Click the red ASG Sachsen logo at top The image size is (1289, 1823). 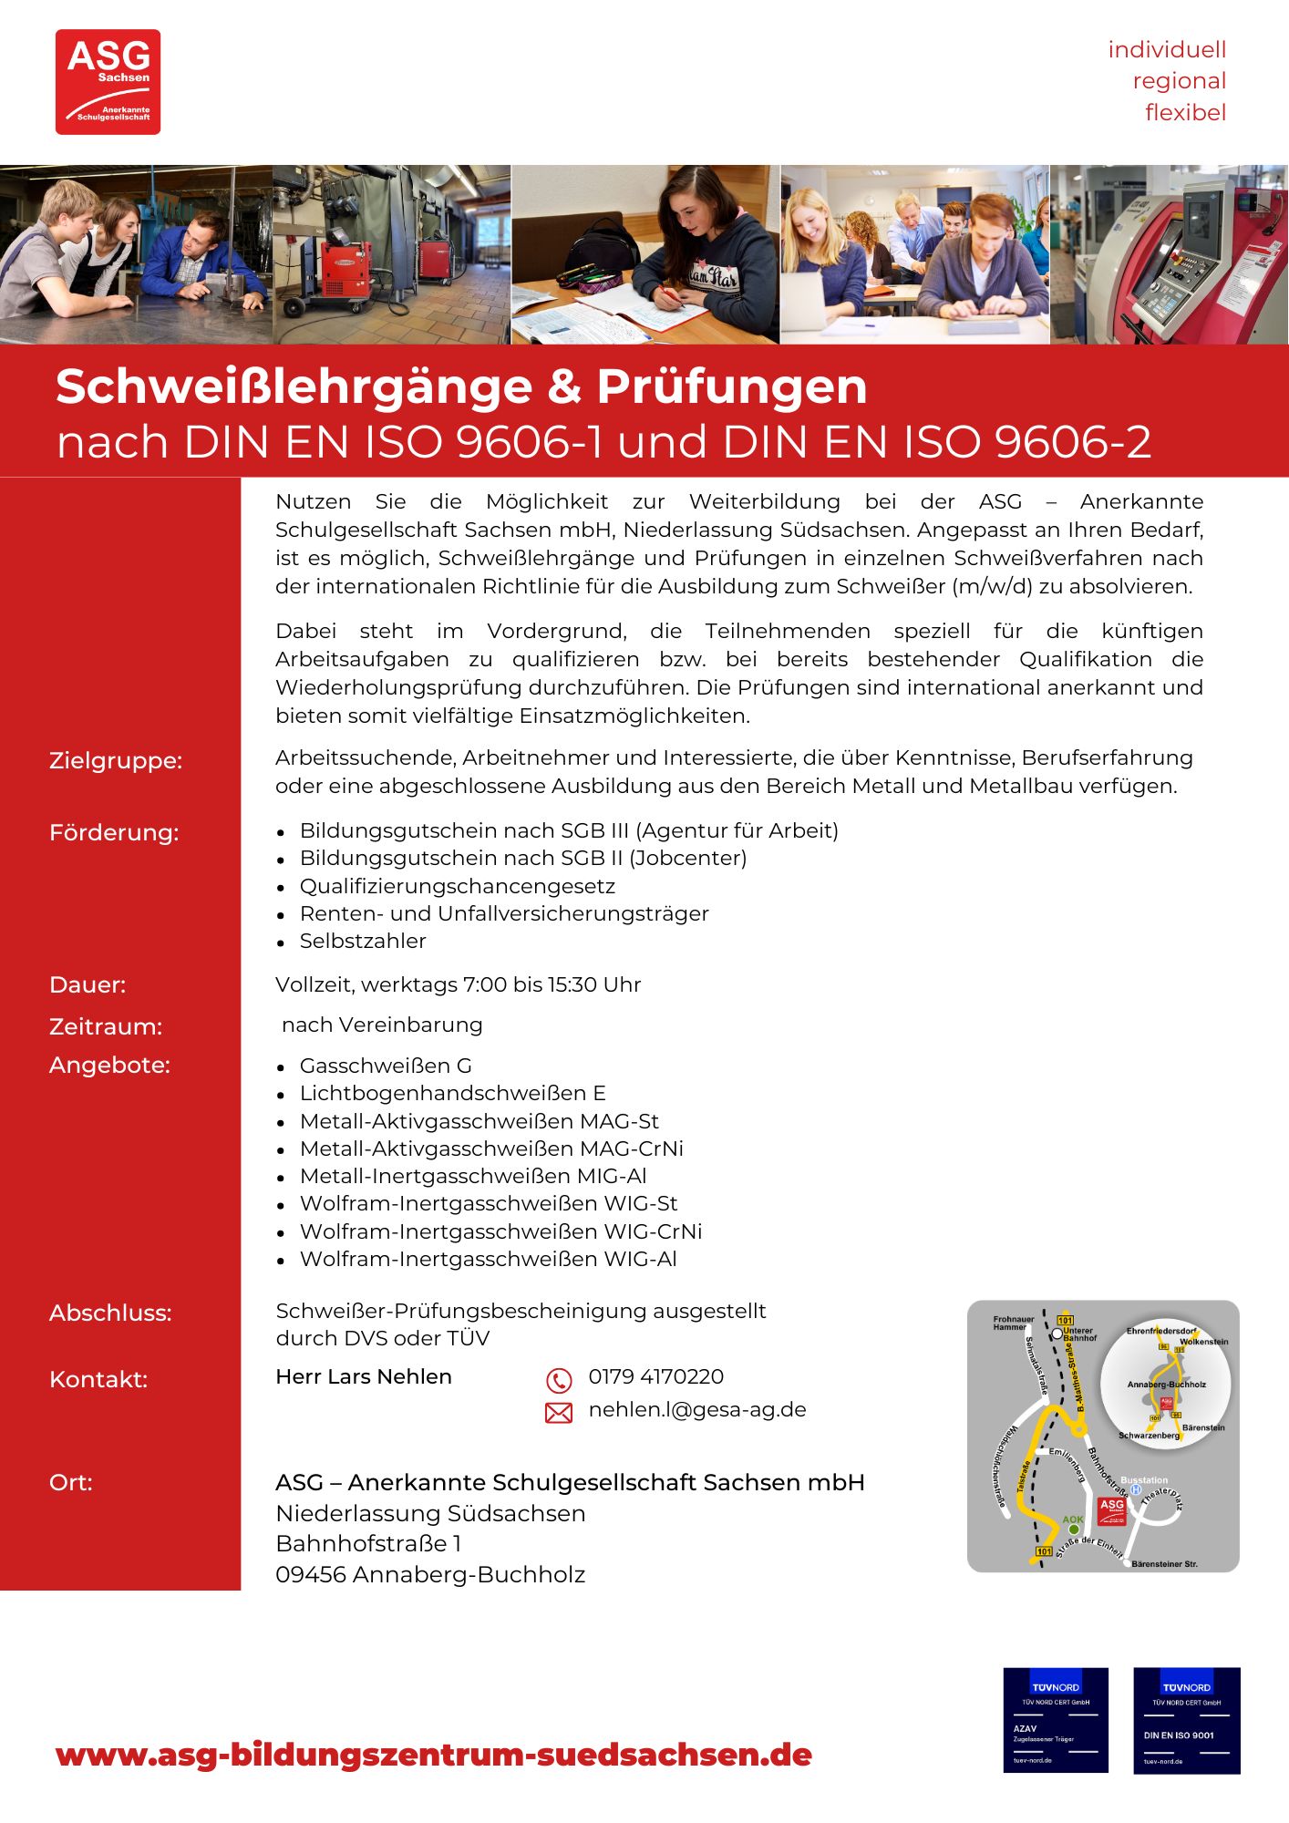tap(108, 82)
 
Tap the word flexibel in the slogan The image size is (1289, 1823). tap(1185, 113)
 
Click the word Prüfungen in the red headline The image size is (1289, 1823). tap(731, 386)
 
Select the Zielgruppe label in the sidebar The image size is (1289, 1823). tap(116, 760)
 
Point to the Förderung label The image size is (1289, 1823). tap(114, 832)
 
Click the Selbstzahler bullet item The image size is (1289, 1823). tap(363, 941)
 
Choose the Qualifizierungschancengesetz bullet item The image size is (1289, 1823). tap(457, 886)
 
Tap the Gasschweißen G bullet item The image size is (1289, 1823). tap(386, 1066)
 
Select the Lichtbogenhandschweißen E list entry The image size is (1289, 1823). tap(452, 1093)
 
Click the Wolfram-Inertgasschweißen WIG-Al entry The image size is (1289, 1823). tap(488, 1259)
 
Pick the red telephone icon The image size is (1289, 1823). tap(558, 1380)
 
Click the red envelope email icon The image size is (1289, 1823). tap(558, 1413)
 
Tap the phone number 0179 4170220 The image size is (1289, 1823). tap(655, 1376)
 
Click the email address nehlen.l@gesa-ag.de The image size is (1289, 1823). tap(697, 1409)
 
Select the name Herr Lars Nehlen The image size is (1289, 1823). tap(363, 1376)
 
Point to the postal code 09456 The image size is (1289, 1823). tap(311, 1574)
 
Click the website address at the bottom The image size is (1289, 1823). tap(433, 1755)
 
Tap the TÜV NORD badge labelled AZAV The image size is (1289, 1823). tap(1055, 1720)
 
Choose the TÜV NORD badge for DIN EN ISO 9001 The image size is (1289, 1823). tap(1186, 1720)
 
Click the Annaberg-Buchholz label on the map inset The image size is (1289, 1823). tap(1166, 1385)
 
